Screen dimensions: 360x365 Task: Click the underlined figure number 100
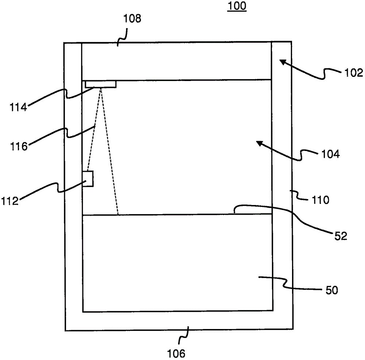pyautogui.click(x=237, y=7)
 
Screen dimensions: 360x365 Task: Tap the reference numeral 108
pyautogui.click(x=132, y=19)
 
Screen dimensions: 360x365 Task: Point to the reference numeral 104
pyautogui.click(x=330, y=154)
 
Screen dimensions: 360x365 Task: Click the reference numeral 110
pyautogui.click(x=320, y=200)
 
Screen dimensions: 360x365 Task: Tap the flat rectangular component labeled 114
pyautogui.click(x=101, y=84)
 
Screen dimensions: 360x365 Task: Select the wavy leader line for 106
pyautogui.click(x=187, y=336)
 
